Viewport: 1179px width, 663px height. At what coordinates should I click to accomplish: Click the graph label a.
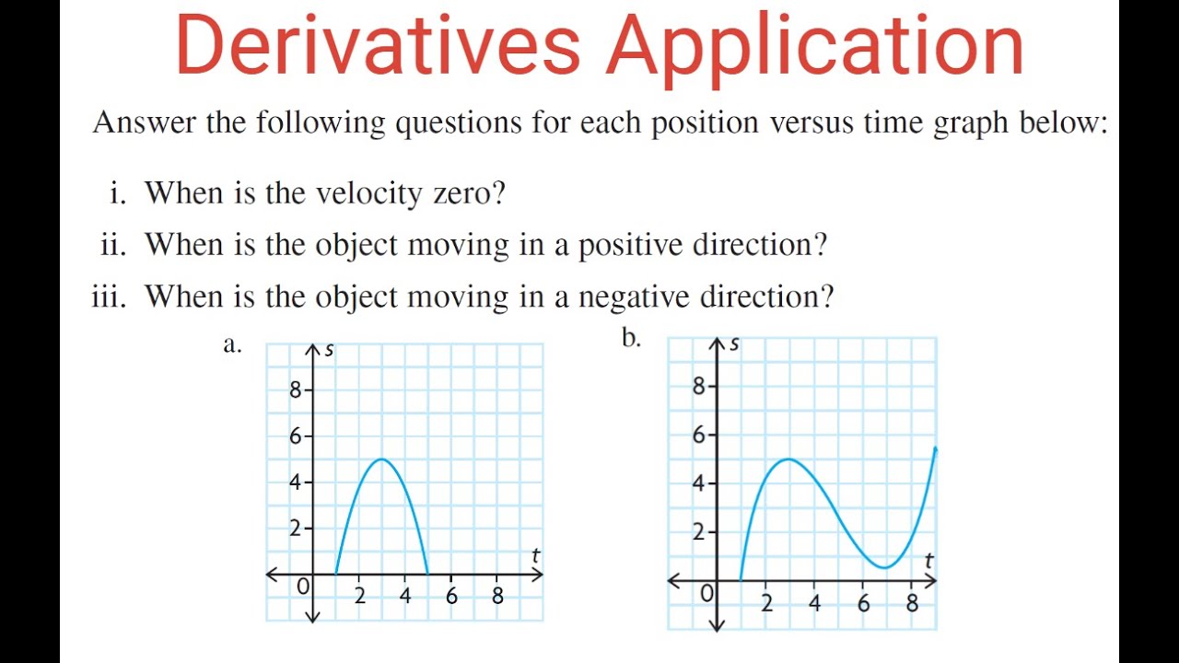click(232, 344)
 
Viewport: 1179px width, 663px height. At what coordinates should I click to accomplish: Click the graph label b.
click(631, 339)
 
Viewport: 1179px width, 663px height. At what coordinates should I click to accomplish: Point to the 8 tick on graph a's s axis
click(296, 390)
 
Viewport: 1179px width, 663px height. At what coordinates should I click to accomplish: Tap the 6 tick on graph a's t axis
click(451, 596)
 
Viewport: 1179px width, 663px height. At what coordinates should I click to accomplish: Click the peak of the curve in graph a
click(381, 459)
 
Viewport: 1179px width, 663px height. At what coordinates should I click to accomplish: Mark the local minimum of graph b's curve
click(884, 568)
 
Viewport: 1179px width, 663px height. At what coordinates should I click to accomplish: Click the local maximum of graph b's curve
click(789, 459)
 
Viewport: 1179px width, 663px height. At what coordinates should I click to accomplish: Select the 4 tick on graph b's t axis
click(814, 604)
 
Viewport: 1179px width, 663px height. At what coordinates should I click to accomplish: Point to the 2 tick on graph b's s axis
click(699, 532)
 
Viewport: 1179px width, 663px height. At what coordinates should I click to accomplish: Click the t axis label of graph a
click(535, 556)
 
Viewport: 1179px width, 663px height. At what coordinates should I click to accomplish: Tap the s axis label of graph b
click(734, 344)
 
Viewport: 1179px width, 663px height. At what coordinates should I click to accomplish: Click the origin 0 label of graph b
click(706, 594)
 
